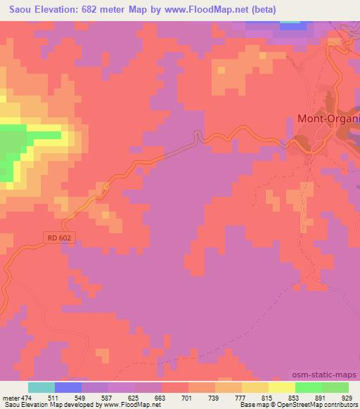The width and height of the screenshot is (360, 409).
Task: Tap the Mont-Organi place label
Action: tap(328, 119)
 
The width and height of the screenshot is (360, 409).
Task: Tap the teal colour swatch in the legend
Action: tap(41, 387)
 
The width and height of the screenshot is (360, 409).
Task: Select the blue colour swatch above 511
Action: tap(68, 387)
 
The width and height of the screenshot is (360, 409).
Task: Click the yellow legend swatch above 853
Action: tap(282, 387)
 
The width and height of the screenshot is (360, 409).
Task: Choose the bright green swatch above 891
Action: tap(309, 387)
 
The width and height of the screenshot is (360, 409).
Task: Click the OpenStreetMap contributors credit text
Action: tap(323, 405)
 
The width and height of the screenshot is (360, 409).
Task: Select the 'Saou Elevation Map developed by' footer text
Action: tap(42, 405)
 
